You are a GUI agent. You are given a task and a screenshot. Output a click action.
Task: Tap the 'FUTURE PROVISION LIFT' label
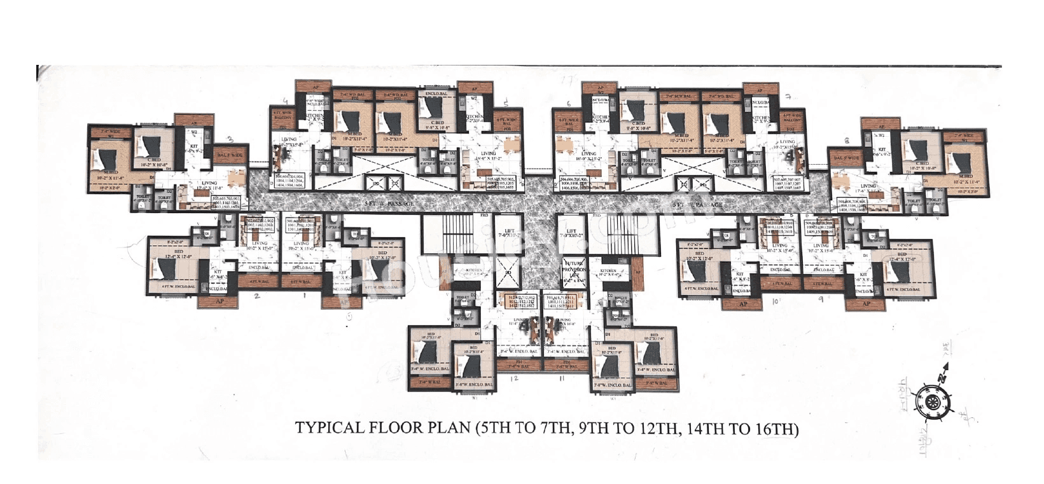point(573,271)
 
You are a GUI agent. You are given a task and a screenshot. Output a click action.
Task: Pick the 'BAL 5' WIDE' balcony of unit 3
point(230,155)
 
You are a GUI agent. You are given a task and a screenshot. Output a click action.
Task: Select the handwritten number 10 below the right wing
point(776,302)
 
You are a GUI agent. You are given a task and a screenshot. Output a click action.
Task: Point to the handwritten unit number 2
point(256,296)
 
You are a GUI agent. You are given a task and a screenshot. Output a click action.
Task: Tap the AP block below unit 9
point(866,303)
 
